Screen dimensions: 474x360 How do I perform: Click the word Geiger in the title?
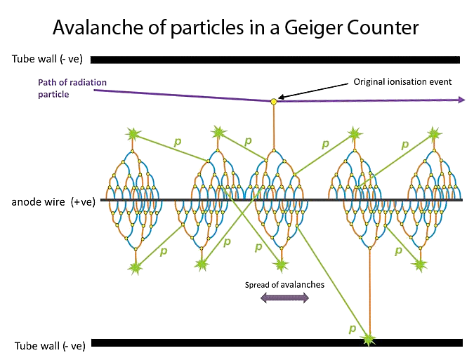tap(313, 28)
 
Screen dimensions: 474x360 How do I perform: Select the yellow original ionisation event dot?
tap(274, 102)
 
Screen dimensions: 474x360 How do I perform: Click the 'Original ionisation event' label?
tap(402, 82)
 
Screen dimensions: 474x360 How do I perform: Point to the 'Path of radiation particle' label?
tap(72, 88)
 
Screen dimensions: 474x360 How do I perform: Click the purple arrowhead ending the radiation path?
tap(461, 100)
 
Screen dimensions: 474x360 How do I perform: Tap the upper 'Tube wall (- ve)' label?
tap(47, 58)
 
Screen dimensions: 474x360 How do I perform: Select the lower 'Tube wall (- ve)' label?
tap(50, 345)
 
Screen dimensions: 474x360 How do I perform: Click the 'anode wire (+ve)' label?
tap(53, 201)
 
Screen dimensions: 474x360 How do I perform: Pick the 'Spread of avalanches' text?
tap(284, 285)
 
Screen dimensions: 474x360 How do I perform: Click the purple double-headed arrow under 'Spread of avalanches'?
tap(284, 298)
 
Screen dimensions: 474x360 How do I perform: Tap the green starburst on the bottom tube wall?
tap(369, 340)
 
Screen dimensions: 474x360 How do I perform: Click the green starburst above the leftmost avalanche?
tap(133, 135)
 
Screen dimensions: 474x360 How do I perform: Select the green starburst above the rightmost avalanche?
tap(434, 133)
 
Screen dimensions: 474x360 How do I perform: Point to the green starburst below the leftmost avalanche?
tap(136, 267)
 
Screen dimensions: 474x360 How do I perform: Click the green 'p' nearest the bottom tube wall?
tap(353, 328)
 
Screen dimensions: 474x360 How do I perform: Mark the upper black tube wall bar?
tap(275, 60)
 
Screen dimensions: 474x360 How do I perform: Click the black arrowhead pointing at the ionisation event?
tap(281, 97)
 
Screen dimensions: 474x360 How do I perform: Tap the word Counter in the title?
tap(383, 27)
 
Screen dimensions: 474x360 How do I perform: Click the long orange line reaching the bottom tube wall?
tap(369, 292)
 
